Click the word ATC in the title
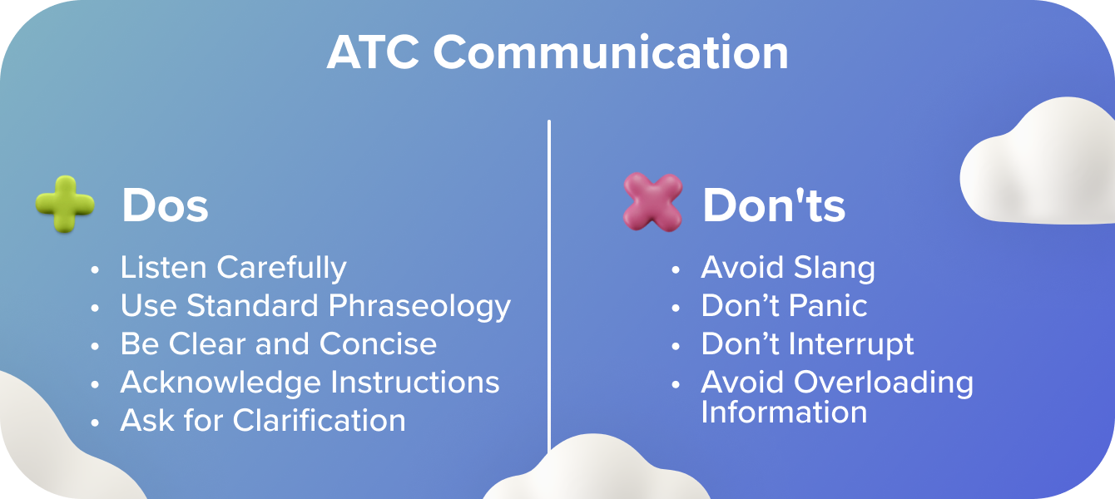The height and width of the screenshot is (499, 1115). click(372, 52)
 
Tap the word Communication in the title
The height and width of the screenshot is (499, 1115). click(612, 52)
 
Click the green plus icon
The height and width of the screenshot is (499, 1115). click(65, 204)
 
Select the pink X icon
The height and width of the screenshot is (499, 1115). click(652, 202)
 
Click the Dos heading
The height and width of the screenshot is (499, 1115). click(166, 205)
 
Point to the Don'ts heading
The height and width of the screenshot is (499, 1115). click(774, 205)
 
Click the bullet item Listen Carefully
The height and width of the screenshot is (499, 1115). click(234, 269)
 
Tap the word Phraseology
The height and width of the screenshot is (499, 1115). click(419, 306)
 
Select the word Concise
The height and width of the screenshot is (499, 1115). click(379, 343)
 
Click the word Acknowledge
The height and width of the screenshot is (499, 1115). click(221, 383)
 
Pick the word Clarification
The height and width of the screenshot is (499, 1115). click(319, 420)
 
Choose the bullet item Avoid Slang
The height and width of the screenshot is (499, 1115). click(788, 269)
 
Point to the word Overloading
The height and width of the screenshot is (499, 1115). click(884, 383)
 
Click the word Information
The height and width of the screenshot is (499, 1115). click(784, 413)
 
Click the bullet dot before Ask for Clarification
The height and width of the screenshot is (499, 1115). click(95, 422)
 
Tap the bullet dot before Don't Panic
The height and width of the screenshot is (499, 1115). click(676, 308)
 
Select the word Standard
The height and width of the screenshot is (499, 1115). click(252, 305)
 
